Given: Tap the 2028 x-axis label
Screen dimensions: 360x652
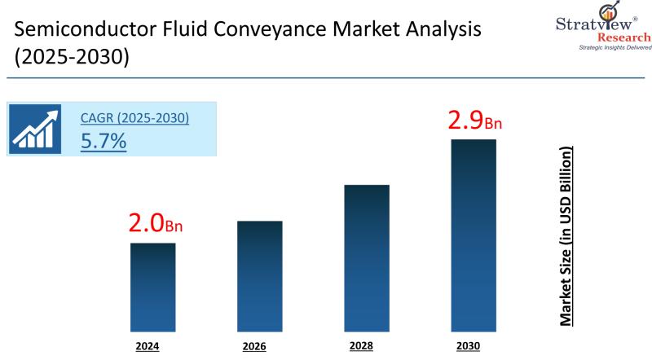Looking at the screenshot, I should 361,346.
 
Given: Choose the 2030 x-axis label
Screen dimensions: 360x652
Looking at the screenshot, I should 469,346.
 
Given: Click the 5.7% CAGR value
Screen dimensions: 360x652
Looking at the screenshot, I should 104,141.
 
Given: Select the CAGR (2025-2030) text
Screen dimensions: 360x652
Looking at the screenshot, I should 134,118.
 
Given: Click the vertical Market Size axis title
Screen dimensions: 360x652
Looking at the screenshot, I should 564,236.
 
